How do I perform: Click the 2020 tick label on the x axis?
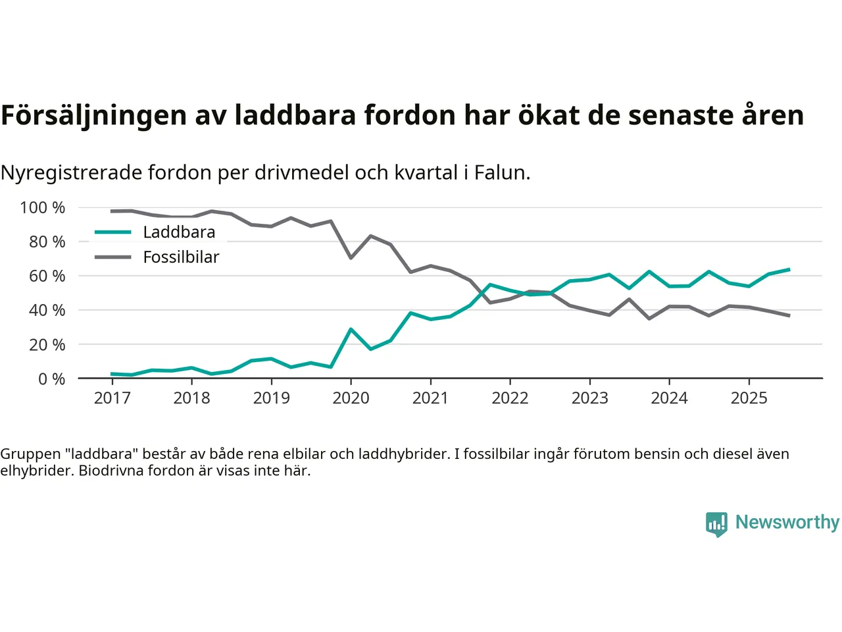coord(351,398)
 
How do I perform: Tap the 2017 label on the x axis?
coord(112,398)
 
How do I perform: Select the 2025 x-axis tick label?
coord(749,398)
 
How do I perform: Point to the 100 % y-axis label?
coord(43,208)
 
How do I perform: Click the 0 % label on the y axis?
coord(51,379)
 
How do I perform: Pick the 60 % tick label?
coord(47,276)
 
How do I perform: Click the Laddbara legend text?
coord(179,232)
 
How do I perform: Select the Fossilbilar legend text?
coord(181,257)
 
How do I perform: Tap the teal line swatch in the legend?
coord(113,232)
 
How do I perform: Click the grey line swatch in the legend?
coord(113,257)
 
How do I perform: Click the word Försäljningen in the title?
coord(94,115)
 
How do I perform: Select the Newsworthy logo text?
coord(787,522)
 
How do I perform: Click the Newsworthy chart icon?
coord(716,524)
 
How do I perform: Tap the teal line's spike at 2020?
coord(351,329)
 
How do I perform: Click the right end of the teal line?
coord(789,269)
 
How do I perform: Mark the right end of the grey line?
coord(789,316)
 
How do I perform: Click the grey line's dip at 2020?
coord(351,257)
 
